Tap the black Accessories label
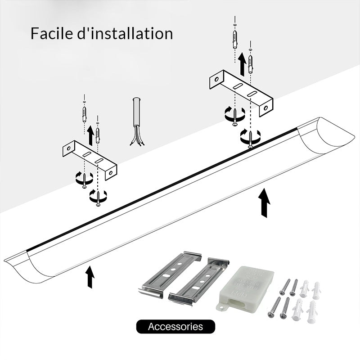[175, 327]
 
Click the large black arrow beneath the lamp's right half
[265, 203]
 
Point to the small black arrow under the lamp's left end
[90, 277]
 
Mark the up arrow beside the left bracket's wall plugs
[90, 135]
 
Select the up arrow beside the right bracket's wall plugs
[242, 63]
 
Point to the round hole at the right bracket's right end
[265, 108]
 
